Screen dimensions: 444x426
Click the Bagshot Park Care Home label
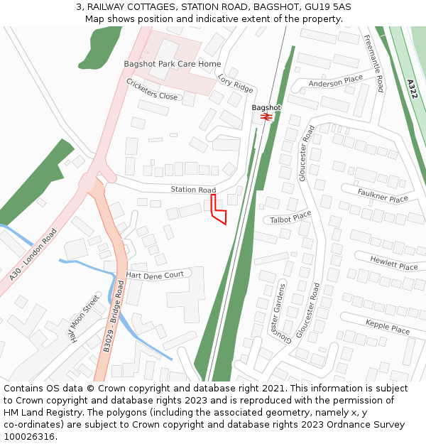click(x=173, y=64)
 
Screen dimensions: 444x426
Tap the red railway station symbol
click(x=266, y=116)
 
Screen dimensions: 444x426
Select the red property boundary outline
click(x=219, y=210)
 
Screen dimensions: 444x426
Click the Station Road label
click(x=193, y=190)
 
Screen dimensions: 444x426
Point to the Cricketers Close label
click(x=152, y=89)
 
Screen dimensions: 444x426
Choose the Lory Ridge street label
click(x=235, y=83)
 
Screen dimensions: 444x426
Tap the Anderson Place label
click(x=336, y=82)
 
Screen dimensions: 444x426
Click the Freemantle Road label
click(x=373, y=63)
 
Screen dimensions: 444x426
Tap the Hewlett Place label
click(x=393, y=264)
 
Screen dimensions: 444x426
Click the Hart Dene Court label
click(x=155, y=274)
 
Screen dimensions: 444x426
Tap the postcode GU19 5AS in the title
click(x=324, y=7)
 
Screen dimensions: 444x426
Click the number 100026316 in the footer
click(x=30, y=437)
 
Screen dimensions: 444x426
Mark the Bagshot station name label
click(x=266, y=107)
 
